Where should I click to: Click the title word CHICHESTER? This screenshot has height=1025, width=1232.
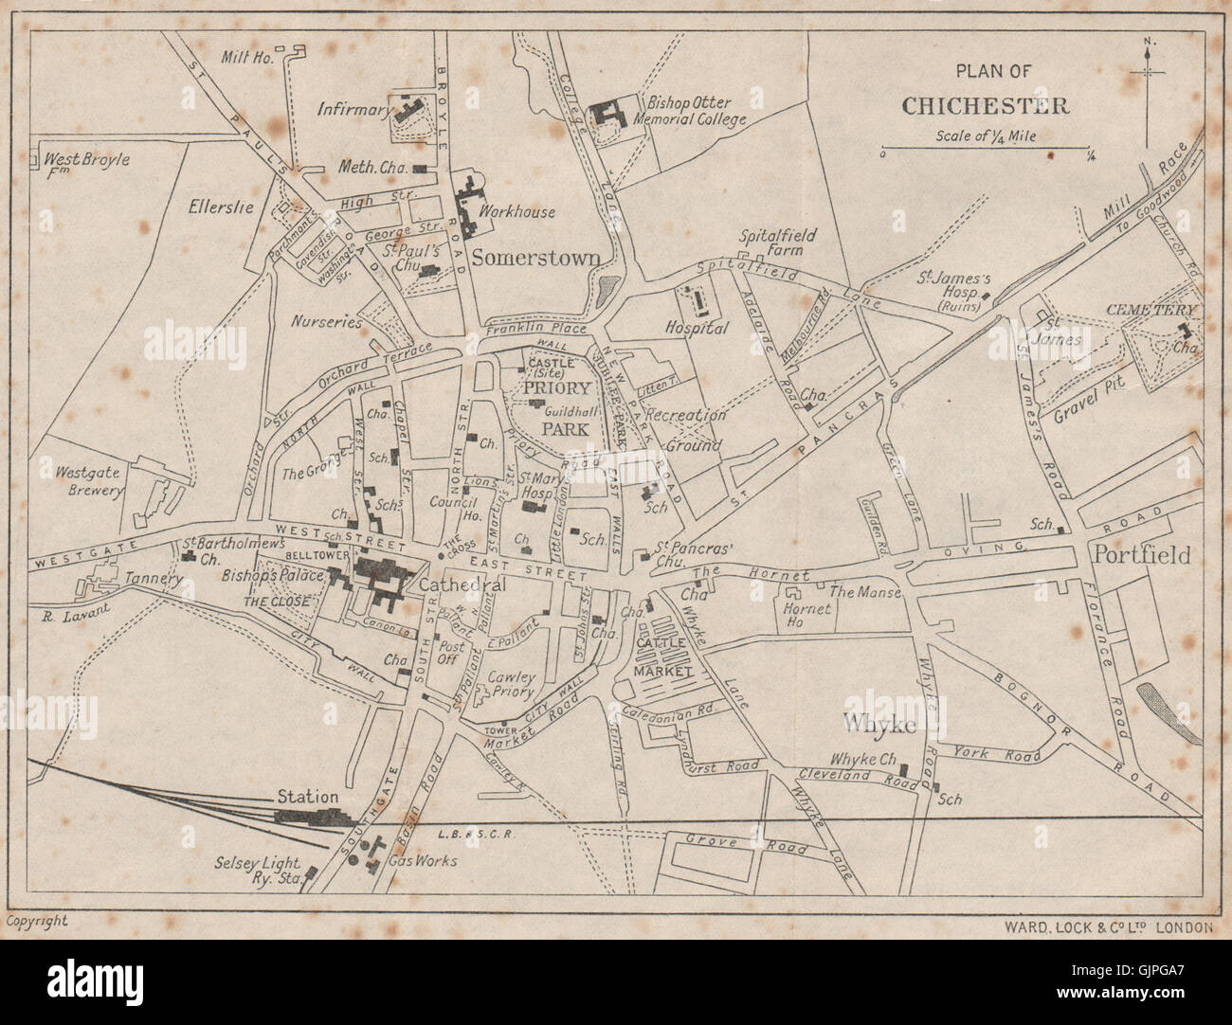tap(985, 105)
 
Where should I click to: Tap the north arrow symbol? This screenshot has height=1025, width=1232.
tap(1149, 90)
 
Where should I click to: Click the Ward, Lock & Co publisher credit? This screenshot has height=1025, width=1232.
tap(1101, 927)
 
